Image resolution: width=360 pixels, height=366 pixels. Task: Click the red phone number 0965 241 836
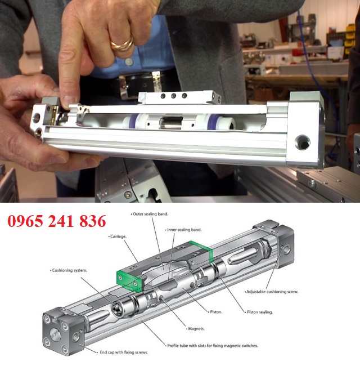(x=57, y=221)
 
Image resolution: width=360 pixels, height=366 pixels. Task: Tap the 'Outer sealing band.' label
(x=150, y=214)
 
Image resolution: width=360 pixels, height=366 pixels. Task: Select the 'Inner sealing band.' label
(x=183, y=230)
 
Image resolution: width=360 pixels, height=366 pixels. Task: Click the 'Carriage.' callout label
(x=118, y=236)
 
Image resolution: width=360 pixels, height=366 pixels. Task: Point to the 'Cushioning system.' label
(x=69, y=270)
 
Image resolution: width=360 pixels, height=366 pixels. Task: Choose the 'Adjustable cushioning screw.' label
(x=271, y=292)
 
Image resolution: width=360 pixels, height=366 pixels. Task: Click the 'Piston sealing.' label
(x=259, y=312)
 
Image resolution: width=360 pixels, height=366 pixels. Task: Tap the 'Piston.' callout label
(x=215, y=311)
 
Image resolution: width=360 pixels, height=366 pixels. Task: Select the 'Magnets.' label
(x=195, y=329)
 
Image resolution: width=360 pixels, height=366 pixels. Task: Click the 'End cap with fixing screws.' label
(x=123, y=352)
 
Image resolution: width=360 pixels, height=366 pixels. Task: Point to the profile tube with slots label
(x=211, y=346)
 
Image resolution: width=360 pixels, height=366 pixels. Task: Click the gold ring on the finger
(x=122, y=44)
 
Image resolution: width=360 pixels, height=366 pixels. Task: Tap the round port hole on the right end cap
(x=303, y=142)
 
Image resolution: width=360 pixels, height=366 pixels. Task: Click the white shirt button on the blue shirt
(x=128, y=62)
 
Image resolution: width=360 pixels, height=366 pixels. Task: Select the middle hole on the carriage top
(x=173, y=96)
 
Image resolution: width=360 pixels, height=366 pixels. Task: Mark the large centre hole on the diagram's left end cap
(x=55, y=336)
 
